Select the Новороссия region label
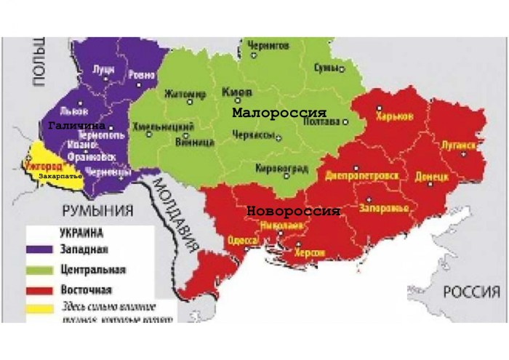(x=294, y=211)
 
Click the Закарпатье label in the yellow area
(x=60, y=176)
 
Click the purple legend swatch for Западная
(x=39, y=251)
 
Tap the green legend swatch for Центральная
(x=39, y=270)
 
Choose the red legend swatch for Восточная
(x=39, y=288)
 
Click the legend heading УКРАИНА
(x=79, y=234)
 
